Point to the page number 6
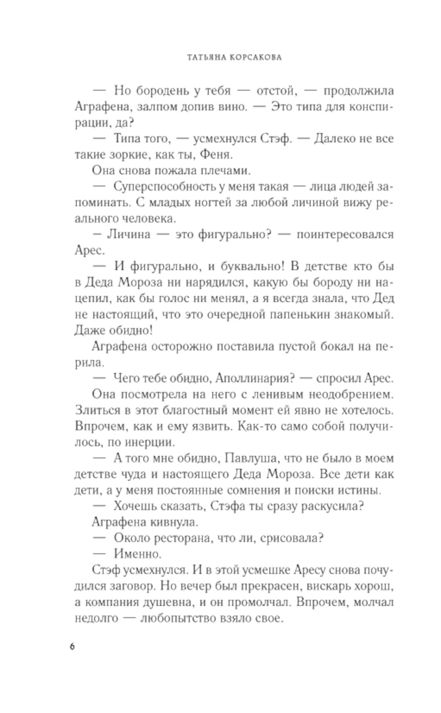click(x=73, y=647)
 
